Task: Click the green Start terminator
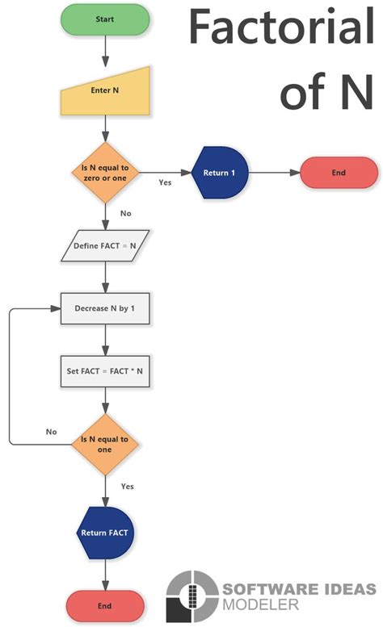[105, 19]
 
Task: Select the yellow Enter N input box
[105, 91]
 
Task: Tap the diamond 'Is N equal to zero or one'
[105, 173]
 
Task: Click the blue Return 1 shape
[219, 173]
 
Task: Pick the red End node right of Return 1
[339, 173]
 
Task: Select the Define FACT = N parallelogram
[105, 245]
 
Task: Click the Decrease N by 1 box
[105, 308]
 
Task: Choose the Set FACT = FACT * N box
[105, 372]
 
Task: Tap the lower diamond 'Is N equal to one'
[105, 443]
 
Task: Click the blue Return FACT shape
[105, 533]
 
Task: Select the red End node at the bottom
[105, 605]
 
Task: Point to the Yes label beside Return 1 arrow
[165, 182]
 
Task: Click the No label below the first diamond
[125, 214]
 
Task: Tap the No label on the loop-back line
[51, 432]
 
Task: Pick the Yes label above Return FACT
[127, 487]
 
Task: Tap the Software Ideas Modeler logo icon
[188, 596]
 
